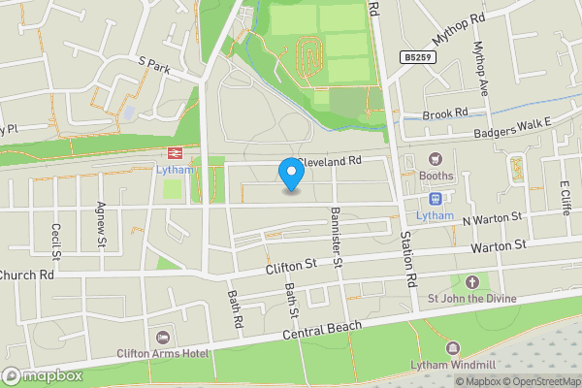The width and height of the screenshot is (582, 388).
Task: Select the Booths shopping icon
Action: point(436,159)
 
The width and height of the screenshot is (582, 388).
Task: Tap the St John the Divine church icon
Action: point(472,282)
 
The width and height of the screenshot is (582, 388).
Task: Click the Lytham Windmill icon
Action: point(451,347)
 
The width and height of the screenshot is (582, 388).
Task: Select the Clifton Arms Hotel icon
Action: point(162,337)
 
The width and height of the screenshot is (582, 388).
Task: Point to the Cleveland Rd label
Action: point(330,160)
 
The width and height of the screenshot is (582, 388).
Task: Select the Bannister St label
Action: point(336,237)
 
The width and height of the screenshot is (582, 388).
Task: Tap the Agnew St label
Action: point(100,230)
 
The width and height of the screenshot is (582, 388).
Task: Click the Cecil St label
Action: point(55,242)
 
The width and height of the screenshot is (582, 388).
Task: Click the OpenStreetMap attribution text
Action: point(538,381)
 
